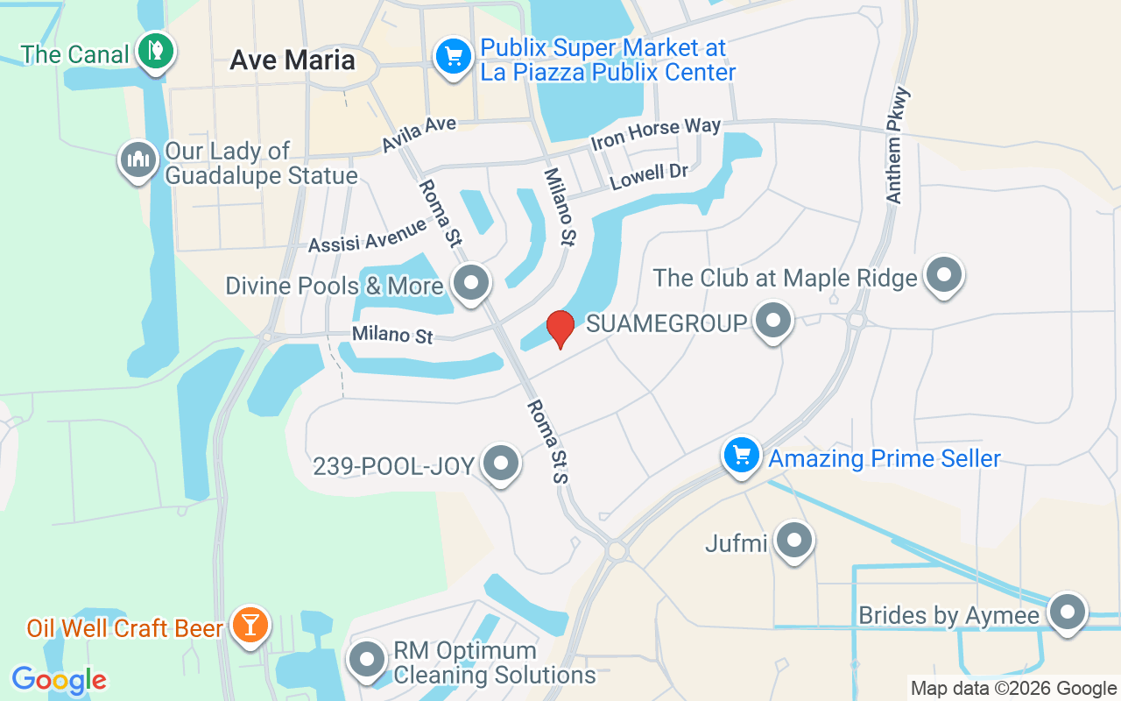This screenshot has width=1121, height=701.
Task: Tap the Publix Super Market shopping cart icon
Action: tap(453, 58)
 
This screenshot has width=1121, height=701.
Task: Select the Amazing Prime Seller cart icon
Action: tap(742, 456)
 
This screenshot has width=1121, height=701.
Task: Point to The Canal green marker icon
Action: tap(157, 51)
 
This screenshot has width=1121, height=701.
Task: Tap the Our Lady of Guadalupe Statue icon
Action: tap(137, 160)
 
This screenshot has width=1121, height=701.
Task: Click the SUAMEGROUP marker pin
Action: tap(772, 321)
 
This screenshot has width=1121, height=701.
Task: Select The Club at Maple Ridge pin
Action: tap(943, 275)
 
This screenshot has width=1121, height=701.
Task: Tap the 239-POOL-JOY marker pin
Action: tap(501, 463)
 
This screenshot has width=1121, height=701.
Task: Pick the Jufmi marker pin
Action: tap(794, 541)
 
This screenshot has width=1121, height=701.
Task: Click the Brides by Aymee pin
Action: tap(1067, 612)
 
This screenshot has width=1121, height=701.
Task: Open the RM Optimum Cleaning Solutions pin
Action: tap(367, 661)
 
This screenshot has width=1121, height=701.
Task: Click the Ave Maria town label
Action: tap(293, 60)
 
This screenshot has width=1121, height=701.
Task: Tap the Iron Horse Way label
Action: tap(655, 134)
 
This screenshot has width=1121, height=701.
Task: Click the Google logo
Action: tap(59, 680)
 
